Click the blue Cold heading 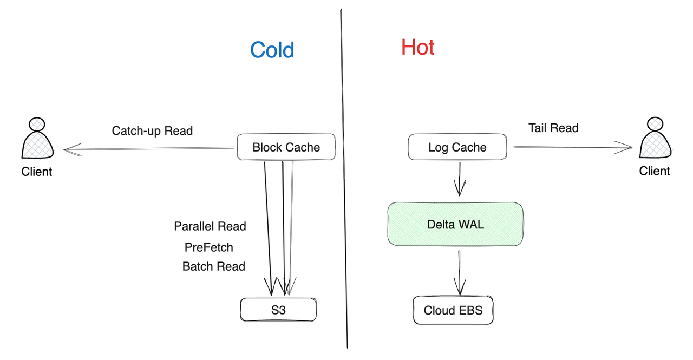[x=272, y=50]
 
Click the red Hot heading [x=417, y=48]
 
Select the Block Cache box [x=286, y=147]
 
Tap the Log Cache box [x=457, y=147]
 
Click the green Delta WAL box [x=455, y=224]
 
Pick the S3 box [x=278, y=310]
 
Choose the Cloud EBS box [x=453, y=310]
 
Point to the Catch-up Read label [x=152, y=130]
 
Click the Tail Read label [x=553, y=128]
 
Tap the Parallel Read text [x=210, y=226]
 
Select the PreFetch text [x=209, y=247]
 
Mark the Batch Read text [x=214, y=266]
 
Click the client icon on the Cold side [x=37, y=139]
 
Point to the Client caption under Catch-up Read [x=37, y=172]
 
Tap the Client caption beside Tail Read [x=655, y=171]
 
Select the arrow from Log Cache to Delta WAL [x=460, y=179]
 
